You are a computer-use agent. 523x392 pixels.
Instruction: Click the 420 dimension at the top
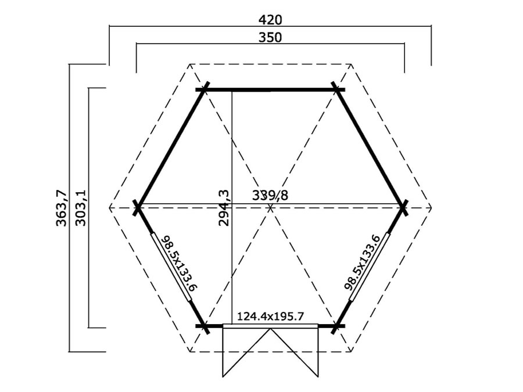270,20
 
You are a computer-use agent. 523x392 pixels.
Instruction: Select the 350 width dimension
270,37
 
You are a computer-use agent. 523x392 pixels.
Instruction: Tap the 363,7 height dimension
62,208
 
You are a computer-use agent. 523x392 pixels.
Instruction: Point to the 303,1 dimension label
80,208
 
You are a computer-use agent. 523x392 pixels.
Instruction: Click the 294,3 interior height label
224,208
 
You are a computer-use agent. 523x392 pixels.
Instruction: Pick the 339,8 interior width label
270,195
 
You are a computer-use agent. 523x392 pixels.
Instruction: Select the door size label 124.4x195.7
270,316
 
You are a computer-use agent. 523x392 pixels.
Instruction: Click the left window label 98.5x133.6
178,264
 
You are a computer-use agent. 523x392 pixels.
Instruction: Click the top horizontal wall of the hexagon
270,89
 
